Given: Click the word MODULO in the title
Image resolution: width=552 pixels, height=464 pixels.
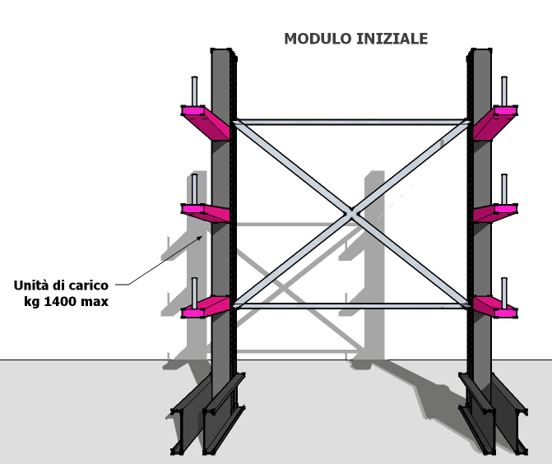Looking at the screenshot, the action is (x=318, y=39).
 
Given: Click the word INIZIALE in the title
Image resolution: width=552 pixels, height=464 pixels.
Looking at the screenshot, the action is (x=392, y=39).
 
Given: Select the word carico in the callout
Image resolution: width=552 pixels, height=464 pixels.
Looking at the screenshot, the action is (x=89, y=285).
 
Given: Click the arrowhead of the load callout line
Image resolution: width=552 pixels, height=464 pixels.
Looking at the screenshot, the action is (x=200, y=238).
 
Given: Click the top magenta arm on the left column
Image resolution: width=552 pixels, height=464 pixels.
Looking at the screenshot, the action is (x=206, y=122).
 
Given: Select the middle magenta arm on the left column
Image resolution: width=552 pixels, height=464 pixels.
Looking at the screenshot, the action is (x=206, y=212).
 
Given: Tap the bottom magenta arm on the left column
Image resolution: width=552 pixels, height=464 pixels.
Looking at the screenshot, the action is (x=206, y=307).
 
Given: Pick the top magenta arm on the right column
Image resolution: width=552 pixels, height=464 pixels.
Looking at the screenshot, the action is (x=495, y=122).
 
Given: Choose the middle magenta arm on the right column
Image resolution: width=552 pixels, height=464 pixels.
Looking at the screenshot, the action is (x=495, y=212).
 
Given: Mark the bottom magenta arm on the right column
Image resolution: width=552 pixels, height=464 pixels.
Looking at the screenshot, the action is (x=495, y=307).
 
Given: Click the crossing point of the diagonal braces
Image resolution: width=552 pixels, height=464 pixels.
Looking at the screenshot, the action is (x=351, y=214).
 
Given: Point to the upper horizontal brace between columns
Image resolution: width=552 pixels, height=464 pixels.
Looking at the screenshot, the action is (x=351, y=122).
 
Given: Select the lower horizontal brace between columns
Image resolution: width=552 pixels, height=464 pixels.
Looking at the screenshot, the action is (x=351, y=306).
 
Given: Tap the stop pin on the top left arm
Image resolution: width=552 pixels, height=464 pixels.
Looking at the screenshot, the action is (x=194, y=90).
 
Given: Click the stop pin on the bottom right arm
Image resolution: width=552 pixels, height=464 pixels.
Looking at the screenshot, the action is (x=504, y=293).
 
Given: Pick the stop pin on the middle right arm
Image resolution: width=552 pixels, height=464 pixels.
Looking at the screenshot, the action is (x=504, y=189).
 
